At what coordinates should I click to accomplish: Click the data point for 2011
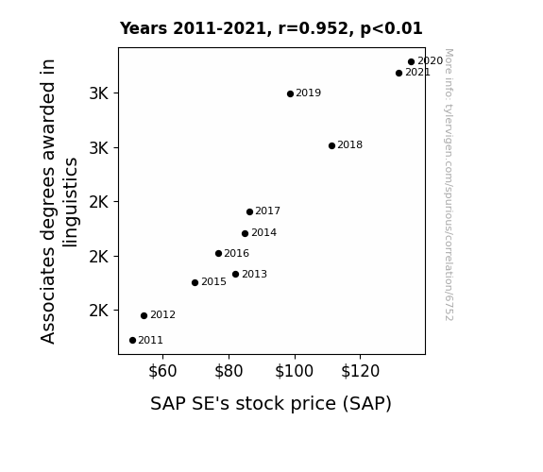coord(132,341)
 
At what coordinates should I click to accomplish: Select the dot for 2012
coord(144,315)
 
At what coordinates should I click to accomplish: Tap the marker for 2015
coord(195,282)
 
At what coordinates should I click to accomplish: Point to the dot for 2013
coord(236,275)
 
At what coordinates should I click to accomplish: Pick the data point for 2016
coord(218,254)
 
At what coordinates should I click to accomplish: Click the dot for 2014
coord(246,233)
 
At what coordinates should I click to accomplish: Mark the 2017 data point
coord(249,211)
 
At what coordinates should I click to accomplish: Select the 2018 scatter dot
coord(331,145)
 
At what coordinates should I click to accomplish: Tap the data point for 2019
coord(291,93)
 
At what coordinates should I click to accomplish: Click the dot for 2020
coord(412,62)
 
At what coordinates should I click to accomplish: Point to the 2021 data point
coord(399,73)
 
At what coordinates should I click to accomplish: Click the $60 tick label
coord(162,371)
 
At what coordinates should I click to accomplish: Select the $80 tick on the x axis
coord(229,371)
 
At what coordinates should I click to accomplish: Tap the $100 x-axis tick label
coord(295,371)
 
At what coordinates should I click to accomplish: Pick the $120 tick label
coord(361,371)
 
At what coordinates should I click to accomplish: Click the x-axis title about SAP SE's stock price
coord(271,404)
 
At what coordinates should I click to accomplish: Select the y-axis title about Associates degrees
coord(59,201)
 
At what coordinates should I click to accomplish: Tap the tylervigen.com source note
coord(449,185)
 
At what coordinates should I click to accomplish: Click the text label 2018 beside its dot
coord(349,144)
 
